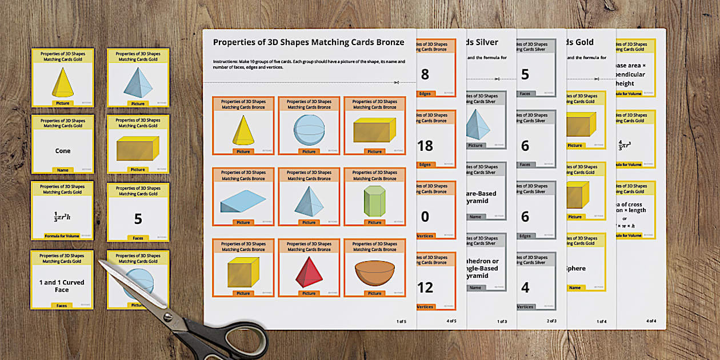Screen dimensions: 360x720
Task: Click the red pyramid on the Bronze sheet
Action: pyautogui.click(x=309, y=273)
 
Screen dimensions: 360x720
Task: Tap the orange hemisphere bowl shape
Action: pyautogui.click(x=374, y=273)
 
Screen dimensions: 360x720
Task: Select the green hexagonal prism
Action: pyautogui.click(x=374, y=201)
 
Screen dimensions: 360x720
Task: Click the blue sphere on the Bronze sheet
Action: pyautogui.click(x=309, y=130)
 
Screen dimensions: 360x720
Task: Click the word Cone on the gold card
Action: pyautogui.click(x=63, y=151)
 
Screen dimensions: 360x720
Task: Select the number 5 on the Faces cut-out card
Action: pyautogui.click(x=138, y=218)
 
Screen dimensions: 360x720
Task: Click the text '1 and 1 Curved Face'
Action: pyautogui.click(x=62, y=286)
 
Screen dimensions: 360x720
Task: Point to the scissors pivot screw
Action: pyautogui.click(x=168, y=316)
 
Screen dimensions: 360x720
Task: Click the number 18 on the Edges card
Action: pyautogui.click(x=425, y=145)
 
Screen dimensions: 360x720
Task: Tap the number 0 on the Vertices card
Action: pyautogui.click(x=425, y=217)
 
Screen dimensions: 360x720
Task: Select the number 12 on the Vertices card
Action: pyautogui.click(x=425, y=287)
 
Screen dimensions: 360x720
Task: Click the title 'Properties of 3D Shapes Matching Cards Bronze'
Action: pyautogui.click(x=309, y=42)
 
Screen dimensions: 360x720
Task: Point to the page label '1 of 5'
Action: pyautogui.click(x=401, y=321)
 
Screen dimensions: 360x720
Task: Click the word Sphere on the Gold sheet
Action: pyautogui.click(x=577, y=268)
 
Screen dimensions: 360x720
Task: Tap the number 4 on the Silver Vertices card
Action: pyautogui.click(x=525, y=287)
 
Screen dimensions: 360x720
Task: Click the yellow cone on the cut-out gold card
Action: pyautogui.click(x=63, y=83)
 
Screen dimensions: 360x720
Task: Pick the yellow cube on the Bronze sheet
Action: pyautogui.click(x=243, y=273)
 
